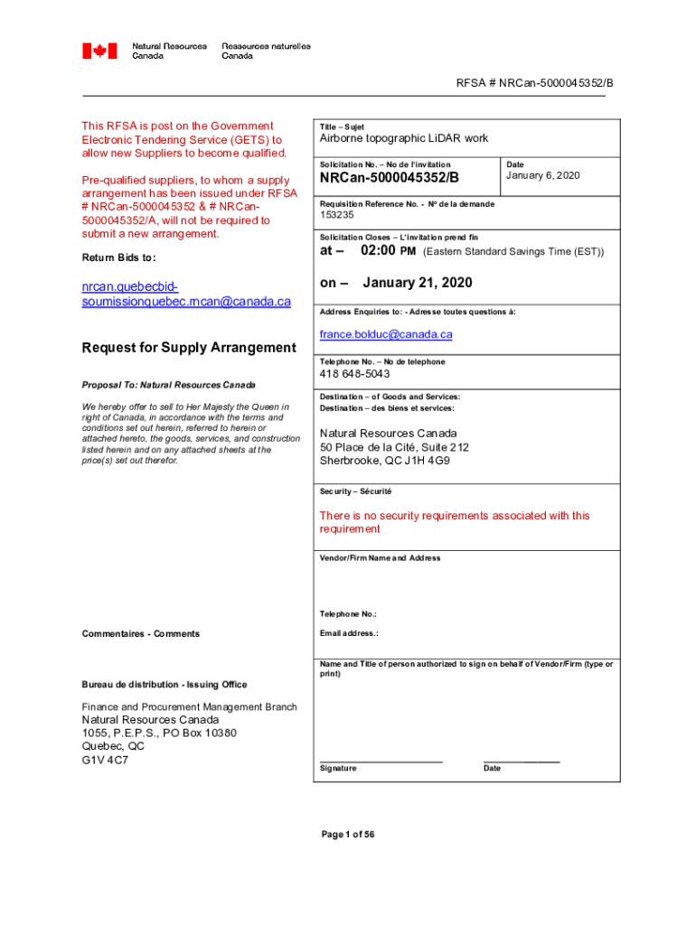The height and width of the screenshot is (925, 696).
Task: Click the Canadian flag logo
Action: click(x=99, y=51)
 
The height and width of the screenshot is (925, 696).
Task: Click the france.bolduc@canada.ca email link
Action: click(x=386, y=334)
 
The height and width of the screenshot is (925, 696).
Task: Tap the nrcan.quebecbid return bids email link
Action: click(x=186, y=294)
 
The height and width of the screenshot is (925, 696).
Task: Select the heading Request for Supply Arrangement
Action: click(x=189, y=348)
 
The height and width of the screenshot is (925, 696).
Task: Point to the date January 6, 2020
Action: click(x=542, y=175)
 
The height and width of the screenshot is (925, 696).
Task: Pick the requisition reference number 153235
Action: click(x=337, y=215)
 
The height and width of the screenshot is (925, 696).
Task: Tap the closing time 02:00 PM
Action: click(x=389, y=250)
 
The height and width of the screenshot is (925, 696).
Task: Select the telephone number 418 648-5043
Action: click(x=354, y=374)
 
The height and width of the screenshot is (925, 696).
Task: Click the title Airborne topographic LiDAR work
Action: click(x=403, y=138)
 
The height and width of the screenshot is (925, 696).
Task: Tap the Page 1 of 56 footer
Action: click(x=348, y=835)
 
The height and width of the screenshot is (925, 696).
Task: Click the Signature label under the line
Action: click(x=338, y=769)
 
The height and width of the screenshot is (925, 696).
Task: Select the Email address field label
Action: click(x=349, y=633)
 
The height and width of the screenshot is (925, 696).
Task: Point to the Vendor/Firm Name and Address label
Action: click(x=380, y=558)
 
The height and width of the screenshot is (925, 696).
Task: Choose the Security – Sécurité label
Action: click(x=355, y=492)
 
